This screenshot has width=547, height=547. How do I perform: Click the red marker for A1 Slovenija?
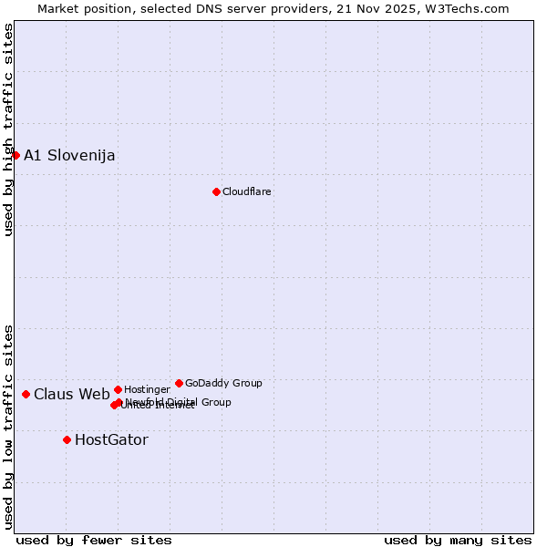[x=15, y=155]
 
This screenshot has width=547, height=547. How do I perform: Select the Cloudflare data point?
[x=216, y=191]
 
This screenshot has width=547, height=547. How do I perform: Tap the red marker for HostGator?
[x=67, y=439]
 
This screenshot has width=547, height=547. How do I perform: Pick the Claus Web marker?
[x=26, y=394]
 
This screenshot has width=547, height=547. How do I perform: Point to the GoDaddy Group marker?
[x=179, y=383]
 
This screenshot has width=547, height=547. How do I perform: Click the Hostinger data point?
[x=118, y=389]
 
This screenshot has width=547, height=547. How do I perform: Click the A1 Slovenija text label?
[x=69, y=155]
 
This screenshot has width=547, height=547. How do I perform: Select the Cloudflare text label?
[x=246, y=191]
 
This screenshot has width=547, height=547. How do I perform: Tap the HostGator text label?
[x=111, y=440]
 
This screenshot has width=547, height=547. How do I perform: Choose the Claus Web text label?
[x=71, y=395]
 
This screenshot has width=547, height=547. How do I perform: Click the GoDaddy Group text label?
[x=223, y=383]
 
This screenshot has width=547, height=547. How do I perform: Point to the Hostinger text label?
[x=147, y=389]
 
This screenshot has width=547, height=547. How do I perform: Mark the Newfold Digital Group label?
[x=178, y=402]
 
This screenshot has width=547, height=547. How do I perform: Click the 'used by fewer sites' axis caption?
[x=94, y=541]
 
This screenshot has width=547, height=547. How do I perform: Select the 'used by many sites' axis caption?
[x=458, y=541]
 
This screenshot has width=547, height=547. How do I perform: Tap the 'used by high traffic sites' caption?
[x=8, y=129]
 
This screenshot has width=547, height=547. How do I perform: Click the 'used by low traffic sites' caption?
[x=8, y=427]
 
